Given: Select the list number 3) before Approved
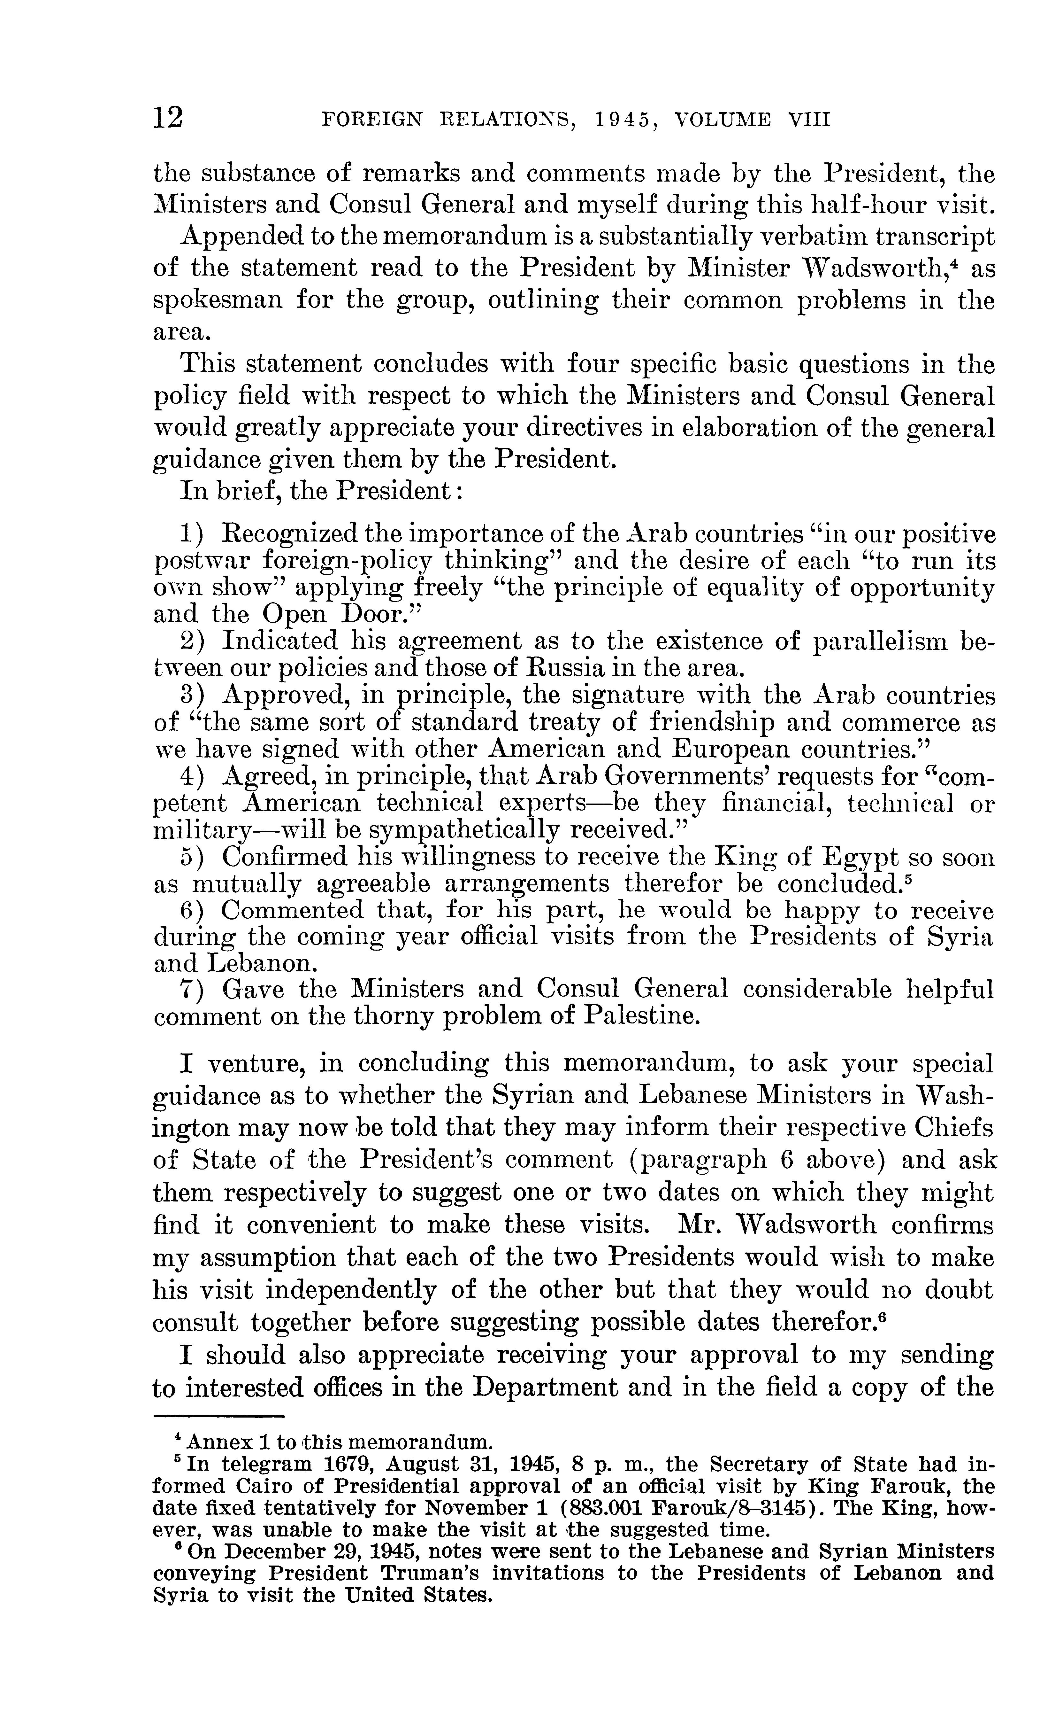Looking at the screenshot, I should (x=193, y=696).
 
